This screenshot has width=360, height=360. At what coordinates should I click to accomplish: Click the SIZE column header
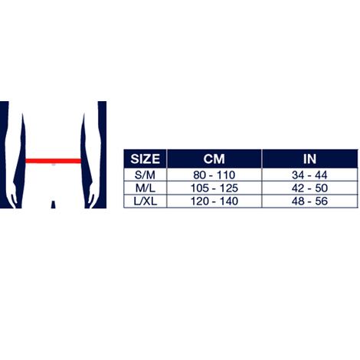[145, 159]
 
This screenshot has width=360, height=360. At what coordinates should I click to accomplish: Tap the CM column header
[214, 159]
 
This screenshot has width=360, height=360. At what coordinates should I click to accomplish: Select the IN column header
[309, 159]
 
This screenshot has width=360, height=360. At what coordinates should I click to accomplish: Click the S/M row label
[145, 175]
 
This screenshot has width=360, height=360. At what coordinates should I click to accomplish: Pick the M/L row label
[145, 188]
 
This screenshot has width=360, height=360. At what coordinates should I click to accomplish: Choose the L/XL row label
[145, 201]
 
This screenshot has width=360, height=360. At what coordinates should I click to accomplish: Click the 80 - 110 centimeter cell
[214, 175]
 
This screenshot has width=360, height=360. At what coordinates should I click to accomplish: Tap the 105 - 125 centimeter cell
[214, 188]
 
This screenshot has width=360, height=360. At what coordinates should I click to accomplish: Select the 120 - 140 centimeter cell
[214, 201]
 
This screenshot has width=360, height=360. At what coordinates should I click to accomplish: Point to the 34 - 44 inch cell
[309, 175]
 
